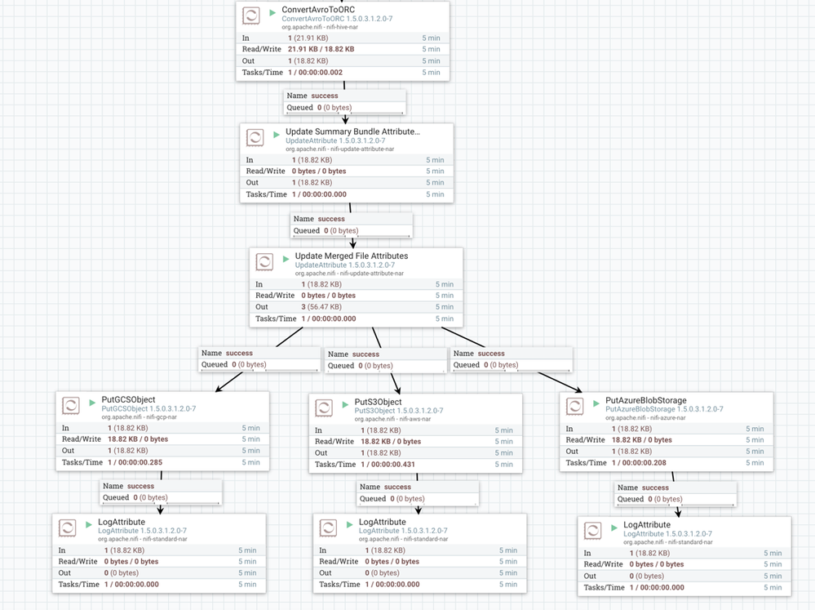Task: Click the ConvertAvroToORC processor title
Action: point(317,10)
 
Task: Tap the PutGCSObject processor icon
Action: point(71,404)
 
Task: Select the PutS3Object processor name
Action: point(378,402)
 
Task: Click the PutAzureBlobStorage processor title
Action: point(646,401)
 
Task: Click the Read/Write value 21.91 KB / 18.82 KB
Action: point(321,49)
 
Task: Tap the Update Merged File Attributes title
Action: point(351,256)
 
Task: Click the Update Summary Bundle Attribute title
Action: point(352,131)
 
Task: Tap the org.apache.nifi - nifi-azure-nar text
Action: point(645,417)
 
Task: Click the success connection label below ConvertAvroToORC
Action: point(324,96)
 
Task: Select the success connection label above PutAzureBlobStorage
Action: point(490,354)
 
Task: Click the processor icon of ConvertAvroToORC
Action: point(253,15)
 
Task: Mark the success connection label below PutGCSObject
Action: point(141,486)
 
